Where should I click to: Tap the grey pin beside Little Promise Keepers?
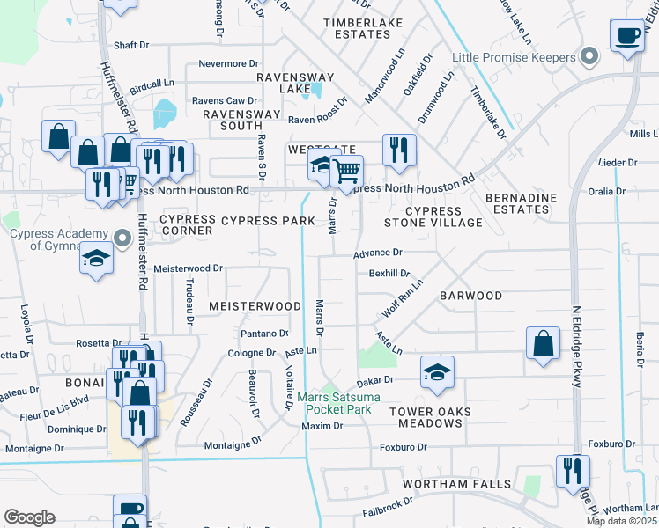(x=589, y=58)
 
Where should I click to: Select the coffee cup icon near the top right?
(x=627, y=36)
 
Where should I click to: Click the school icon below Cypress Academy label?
(x=96, y=259)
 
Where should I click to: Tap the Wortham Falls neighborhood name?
(x=456, y=485)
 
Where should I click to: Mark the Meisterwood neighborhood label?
(x=255, y=305)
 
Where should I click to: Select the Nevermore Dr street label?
(x=228, y=64)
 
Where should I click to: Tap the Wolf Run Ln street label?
(x=403, y=299)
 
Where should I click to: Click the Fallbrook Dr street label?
(x=388, y=508)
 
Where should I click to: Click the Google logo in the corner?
(x=29, y=517)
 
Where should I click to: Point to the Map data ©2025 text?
(x=621, y=521)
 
